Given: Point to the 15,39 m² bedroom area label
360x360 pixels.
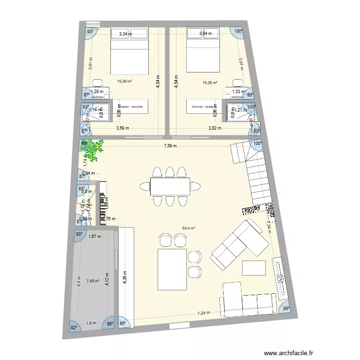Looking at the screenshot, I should coord(124,82).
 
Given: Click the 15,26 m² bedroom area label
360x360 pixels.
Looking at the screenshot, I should coord(210,83).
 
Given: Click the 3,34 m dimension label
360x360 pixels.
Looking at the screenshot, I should coord(125,34).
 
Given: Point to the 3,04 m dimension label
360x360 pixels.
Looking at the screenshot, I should coord(207,34).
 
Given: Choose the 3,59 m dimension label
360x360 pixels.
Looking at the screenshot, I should coord(123,128).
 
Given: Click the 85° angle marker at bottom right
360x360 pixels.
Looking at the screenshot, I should coord(286,309).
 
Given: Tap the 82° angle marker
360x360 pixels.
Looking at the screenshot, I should coord(74,328).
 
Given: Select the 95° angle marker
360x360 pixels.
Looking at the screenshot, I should coord(110,324).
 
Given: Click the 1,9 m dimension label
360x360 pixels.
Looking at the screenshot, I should coord(91,323).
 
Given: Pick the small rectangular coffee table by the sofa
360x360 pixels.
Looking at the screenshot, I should coord(254,267).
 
